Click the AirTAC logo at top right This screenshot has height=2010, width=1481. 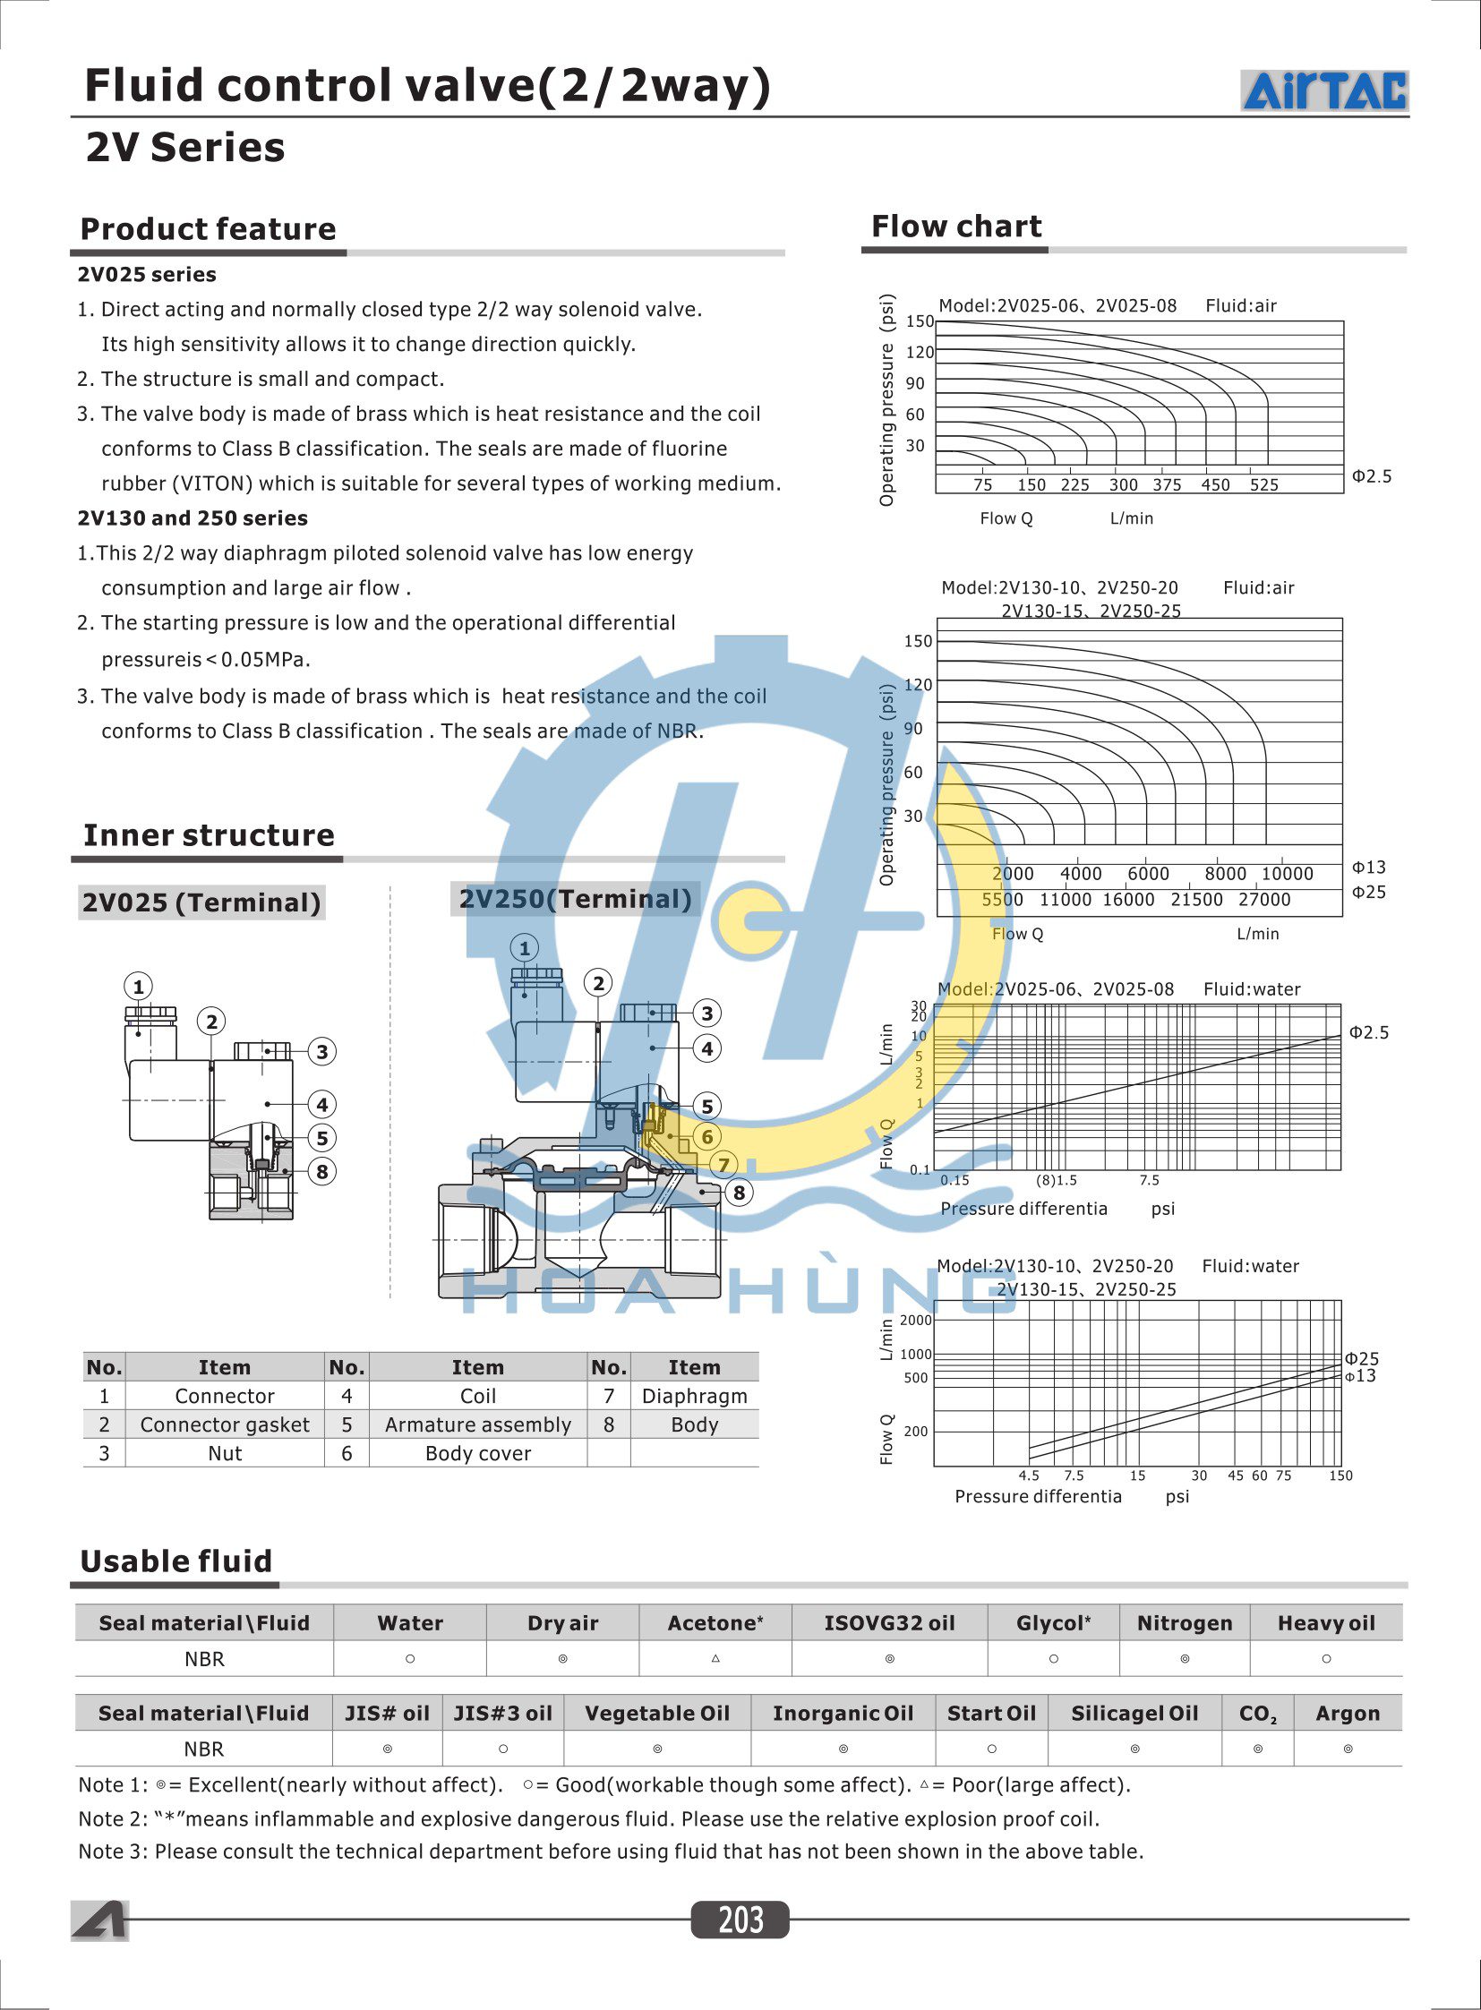point(1324,90)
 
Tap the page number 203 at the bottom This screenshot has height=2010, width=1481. point(740,1920)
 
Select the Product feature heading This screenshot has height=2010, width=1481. point(208,229)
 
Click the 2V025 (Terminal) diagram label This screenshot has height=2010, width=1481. point(201,902)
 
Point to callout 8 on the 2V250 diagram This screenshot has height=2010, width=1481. point(739,1193)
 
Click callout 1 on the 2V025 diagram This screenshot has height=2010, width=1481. point(138,987)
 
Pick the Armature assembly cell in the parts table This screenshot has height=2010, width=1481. point(478,1424)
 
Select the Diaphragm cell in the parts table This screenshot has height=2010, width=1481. point(694,1396)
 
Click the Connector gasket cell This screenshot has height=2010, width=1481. point(224,1424)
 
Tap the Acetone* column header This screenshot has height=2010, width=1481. point(715,1622)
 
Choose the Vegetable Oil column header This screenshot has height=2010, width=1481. point(657,1714)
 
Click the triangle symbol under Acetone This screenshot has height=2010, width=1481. point(715,1658)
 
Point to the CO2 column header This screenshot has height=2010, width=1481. point(1258,1715)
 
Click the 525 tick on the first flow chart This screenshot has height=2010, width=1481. point(1264,485)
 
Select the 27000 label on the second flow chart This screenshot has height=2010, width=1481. point(1264,899)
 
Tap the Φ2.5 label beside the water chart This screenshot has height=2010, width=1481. point(1369,1033)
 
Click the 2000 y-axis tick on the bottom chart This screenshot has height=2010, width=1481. point(915,1320)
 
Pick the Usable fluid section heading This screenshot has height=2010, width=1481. point(175,1561)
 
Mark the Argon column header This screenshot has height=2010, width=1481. point(1348,1714)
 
